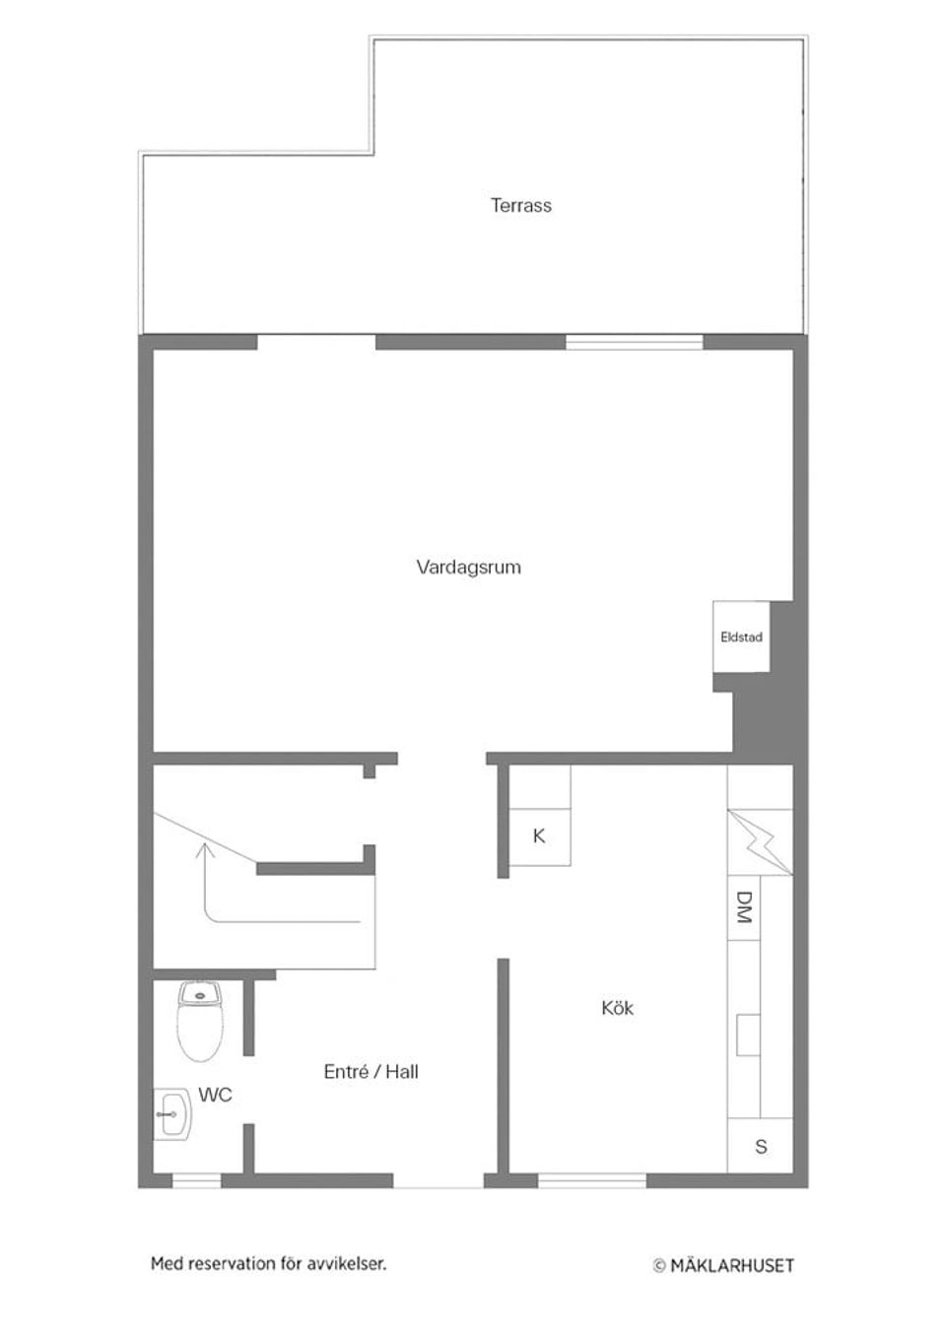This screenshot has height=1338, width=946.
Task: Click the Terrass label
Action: pos(521,206)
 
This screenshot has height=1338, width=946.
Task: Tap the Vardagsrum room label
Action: pos(468,568)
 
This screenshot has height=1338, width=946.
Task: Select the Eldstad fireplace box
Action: pos(741,636)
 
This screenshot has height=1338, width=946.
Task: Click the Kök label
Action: pos(618,1008)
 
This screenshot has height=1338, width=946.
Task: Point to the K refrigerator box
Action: pos(539,836)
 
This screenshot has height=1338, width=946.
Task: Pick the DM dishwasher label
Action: pos(744,907)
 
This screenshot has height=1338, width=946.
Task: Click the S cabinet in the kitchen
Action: pos(760,1147)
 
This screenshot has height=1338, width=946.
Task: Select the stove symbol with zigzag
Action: pos(761,841)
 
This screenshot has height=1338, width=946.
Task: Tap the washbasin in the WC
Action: pos(172,1114)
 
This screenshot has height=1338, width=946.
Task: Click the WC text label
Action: pos(215,1095)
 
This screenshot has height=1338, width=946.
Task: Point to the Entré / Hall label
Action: pos(371,1072)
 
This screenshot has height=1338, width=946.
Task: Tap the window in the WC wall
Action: pos(196,1179)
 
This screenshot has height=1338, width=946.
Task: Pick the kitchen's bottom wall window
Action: pos(592,1179)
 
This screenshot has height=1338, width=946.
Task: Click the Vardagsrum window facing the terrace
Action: pos(634,343)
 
